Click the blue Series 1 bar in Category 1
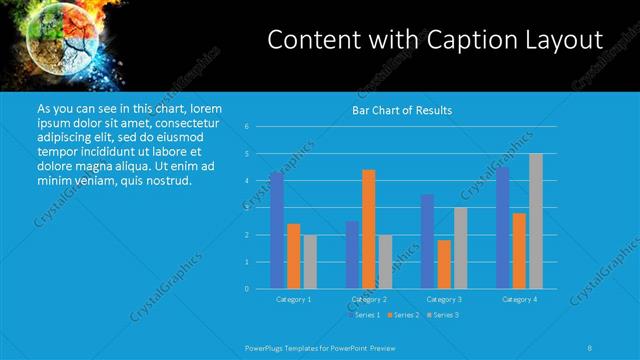pyautogui.click(x=276, y=230)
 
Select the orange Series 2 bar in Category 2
pyautogui.click(x=369, y=229)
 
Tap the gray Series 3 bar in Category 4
pyautogui.click(x=536, y=221)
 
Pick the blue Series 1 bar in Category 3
pyautogui.click(x=427, y=241)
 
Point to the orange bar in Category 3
pyautogui.click(x=444, y=264)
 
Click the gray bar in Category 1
pyautogui.click(x=310, y=262)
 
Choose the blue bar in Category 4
pyautogui.click(x=502, y=228)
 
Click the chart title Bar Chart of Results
pyautogui.click(x=402, y=110)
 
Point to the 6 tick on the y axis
pyautogui.click(x=246, y=127)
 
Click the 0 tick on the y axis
pyautogui.click(x=246, y=289)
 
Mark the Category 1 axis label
pyautogui.click(x=293, y=299)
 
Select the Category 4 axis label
pyautogui.click(x=519, y=299)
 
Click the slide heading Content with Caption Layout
pyautogui.click(x=436, y=40)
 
